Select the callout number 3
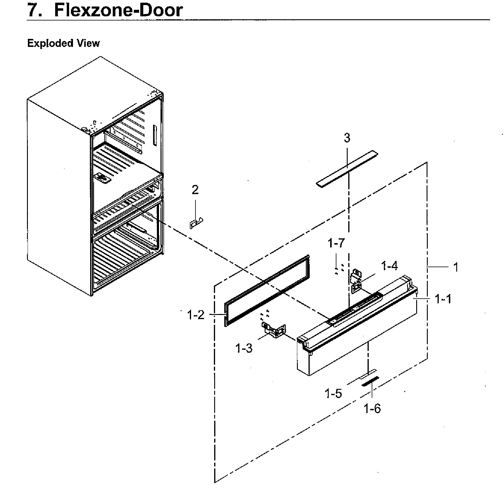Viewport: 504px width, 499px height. click(347, 138)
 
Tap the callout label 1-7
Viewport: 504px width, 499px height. click(336, 243)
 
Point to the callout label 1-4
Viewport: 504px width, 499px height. click(389, 266)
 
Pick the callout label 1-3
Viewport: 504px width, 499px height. click(244, 348)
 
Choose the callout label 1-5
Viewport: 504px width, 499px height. click(333, 394)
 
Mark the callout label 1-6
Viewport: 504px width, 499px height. click(372, 409)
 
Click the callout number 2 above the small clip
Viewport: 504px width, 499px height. click(195, 190)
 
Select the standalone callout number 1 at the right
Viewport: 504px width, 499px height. click(456, 267)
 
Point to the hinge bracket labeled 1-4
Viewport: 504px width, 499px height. click(356, 281)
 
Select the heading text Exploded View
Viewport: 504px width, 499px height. click(63, 43)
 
